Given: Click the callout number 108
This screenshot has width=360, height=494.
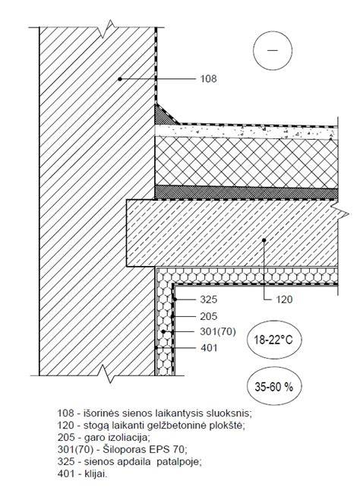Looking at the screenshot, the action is [x=209, y=79].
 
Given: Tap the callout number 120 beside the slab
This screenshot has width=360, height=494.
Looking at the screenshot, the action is [x=284, y=299].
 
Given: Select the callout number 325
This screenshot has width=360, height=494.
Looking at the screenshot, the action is [x=209, y=299].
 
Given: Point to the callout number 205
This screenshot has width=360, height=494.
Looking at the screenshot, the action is [x=209, y=316].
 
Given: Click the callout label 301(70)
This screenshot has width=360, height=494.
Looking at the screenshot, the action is [x=218, y=332].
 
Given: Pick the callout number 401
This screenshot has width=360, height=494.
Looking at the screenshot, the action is [x=209, y=348].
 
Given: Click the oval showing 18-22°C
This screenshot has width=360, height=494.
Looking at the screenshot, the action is [x=273, y=340].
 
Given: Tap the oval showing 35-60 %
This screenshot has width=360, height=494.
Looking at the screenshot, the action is [x=273, y=386].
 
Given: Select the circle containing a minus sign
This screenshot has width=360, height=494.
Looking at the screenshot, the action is [x=273, y=50].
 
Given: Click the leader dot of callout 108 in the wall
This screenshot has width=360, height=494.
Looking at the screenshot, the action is [x=120, y=79].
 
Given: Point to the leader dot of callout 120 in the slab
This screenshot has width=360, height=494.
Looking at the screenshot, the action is [x=264, y=240].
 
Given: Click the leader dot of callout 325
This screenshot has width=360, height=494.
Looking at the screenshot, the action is [x=175, y=299].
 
